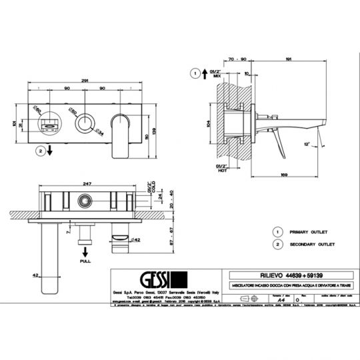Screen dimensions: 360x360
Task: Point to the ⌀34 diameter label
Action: [x=99, y=131]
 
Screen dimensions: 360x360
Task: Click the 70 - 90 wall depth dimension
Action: [x=238, y=59]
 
